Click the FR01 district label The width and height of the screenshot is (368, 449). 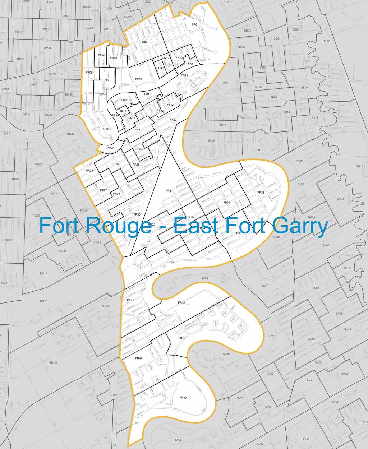click(x=195, y=24)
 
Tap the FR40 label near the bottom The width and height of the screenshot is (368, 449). click(x=183, y=397)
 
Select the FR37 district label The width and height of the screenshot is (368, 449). click(x=201, y=178)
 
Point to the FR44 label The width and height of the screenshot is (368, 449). click(x=139, y=358)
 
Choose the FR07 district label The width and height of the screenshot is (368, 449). click(x=106, y=129)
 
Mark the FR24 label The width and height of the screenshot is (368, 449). click(x=111, y=148)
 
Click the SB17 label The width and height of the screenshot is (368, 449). click(x=326, y=41)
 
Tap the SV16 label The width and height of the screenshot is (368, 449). click(x=226, y=354)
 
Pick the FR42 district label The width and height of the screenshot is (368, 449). click(x=181, y=303)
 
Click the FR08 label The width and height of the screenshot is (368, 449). click(x=138, y=79)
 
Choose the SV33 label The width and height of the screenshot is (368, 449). click(x=306, y=439)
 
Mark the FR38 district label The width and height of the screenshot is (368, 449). click(x=261, y=193)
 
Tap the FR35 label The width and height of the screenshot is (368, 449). click(x=170, y=262)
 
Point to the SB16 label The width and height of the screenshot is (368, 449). click(x=211, y=140)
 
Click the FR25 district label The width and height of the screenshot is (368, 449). click(x=89, y=170)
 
